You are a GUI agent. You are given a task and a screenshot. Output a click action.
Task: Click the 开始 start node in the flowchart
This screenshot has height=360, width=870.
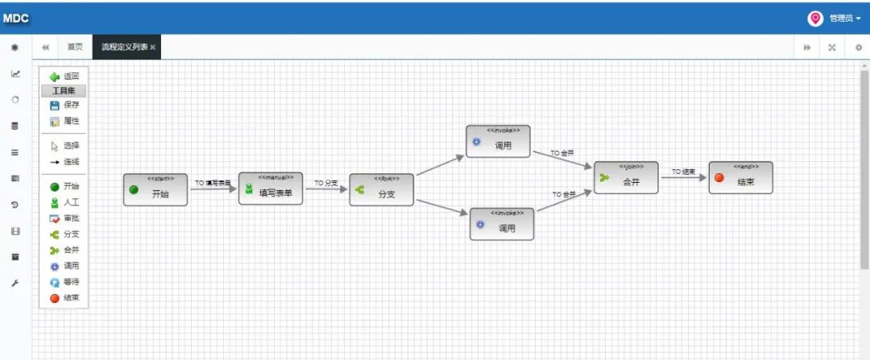coord(155,189)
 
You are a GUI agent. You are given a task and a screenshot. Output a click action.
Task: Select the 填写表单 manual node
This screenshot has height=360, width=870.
coord(271,188)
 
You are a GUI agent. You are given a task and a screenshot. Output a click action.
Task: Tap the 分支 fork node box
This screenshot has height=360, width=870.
coord(381,189)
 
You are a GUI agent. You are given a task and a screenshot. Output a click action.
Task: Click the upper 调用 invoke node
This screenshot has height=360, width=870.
coord(498,141)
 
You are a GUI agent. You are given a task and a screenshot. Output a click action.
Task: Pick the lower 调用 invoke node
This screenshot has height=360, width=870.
coord(502,224)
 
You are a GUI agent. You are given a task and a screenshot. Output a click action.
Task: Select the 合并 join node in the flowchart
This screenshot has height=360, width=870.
coord(626,177)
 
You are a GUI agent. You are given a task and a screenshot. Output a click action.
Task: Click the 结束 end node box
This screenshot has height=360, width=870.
coord(740,177)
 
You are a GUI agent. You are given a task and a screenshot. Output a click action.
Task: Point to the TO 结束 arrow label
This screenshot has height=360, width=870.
coord(683,172)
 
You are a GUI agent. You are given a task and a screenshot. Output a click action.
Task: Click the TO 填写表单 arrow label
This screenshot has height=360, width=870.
coord(213,183)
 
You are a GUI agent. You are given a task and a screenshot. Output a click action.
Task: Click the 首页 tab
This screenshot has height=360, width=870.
coord(75,47)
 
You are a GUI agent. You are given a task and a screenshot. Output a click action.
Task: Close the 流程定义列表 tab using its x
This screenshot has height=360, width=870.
coord(153,48)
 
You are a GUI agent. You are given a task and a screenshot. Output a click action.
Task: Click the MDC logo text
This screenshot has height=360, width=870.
coord(16,19)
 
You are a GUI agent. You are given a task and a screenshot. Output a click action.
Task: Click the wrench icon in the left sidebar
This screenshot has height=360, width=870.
coord(14,283)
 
